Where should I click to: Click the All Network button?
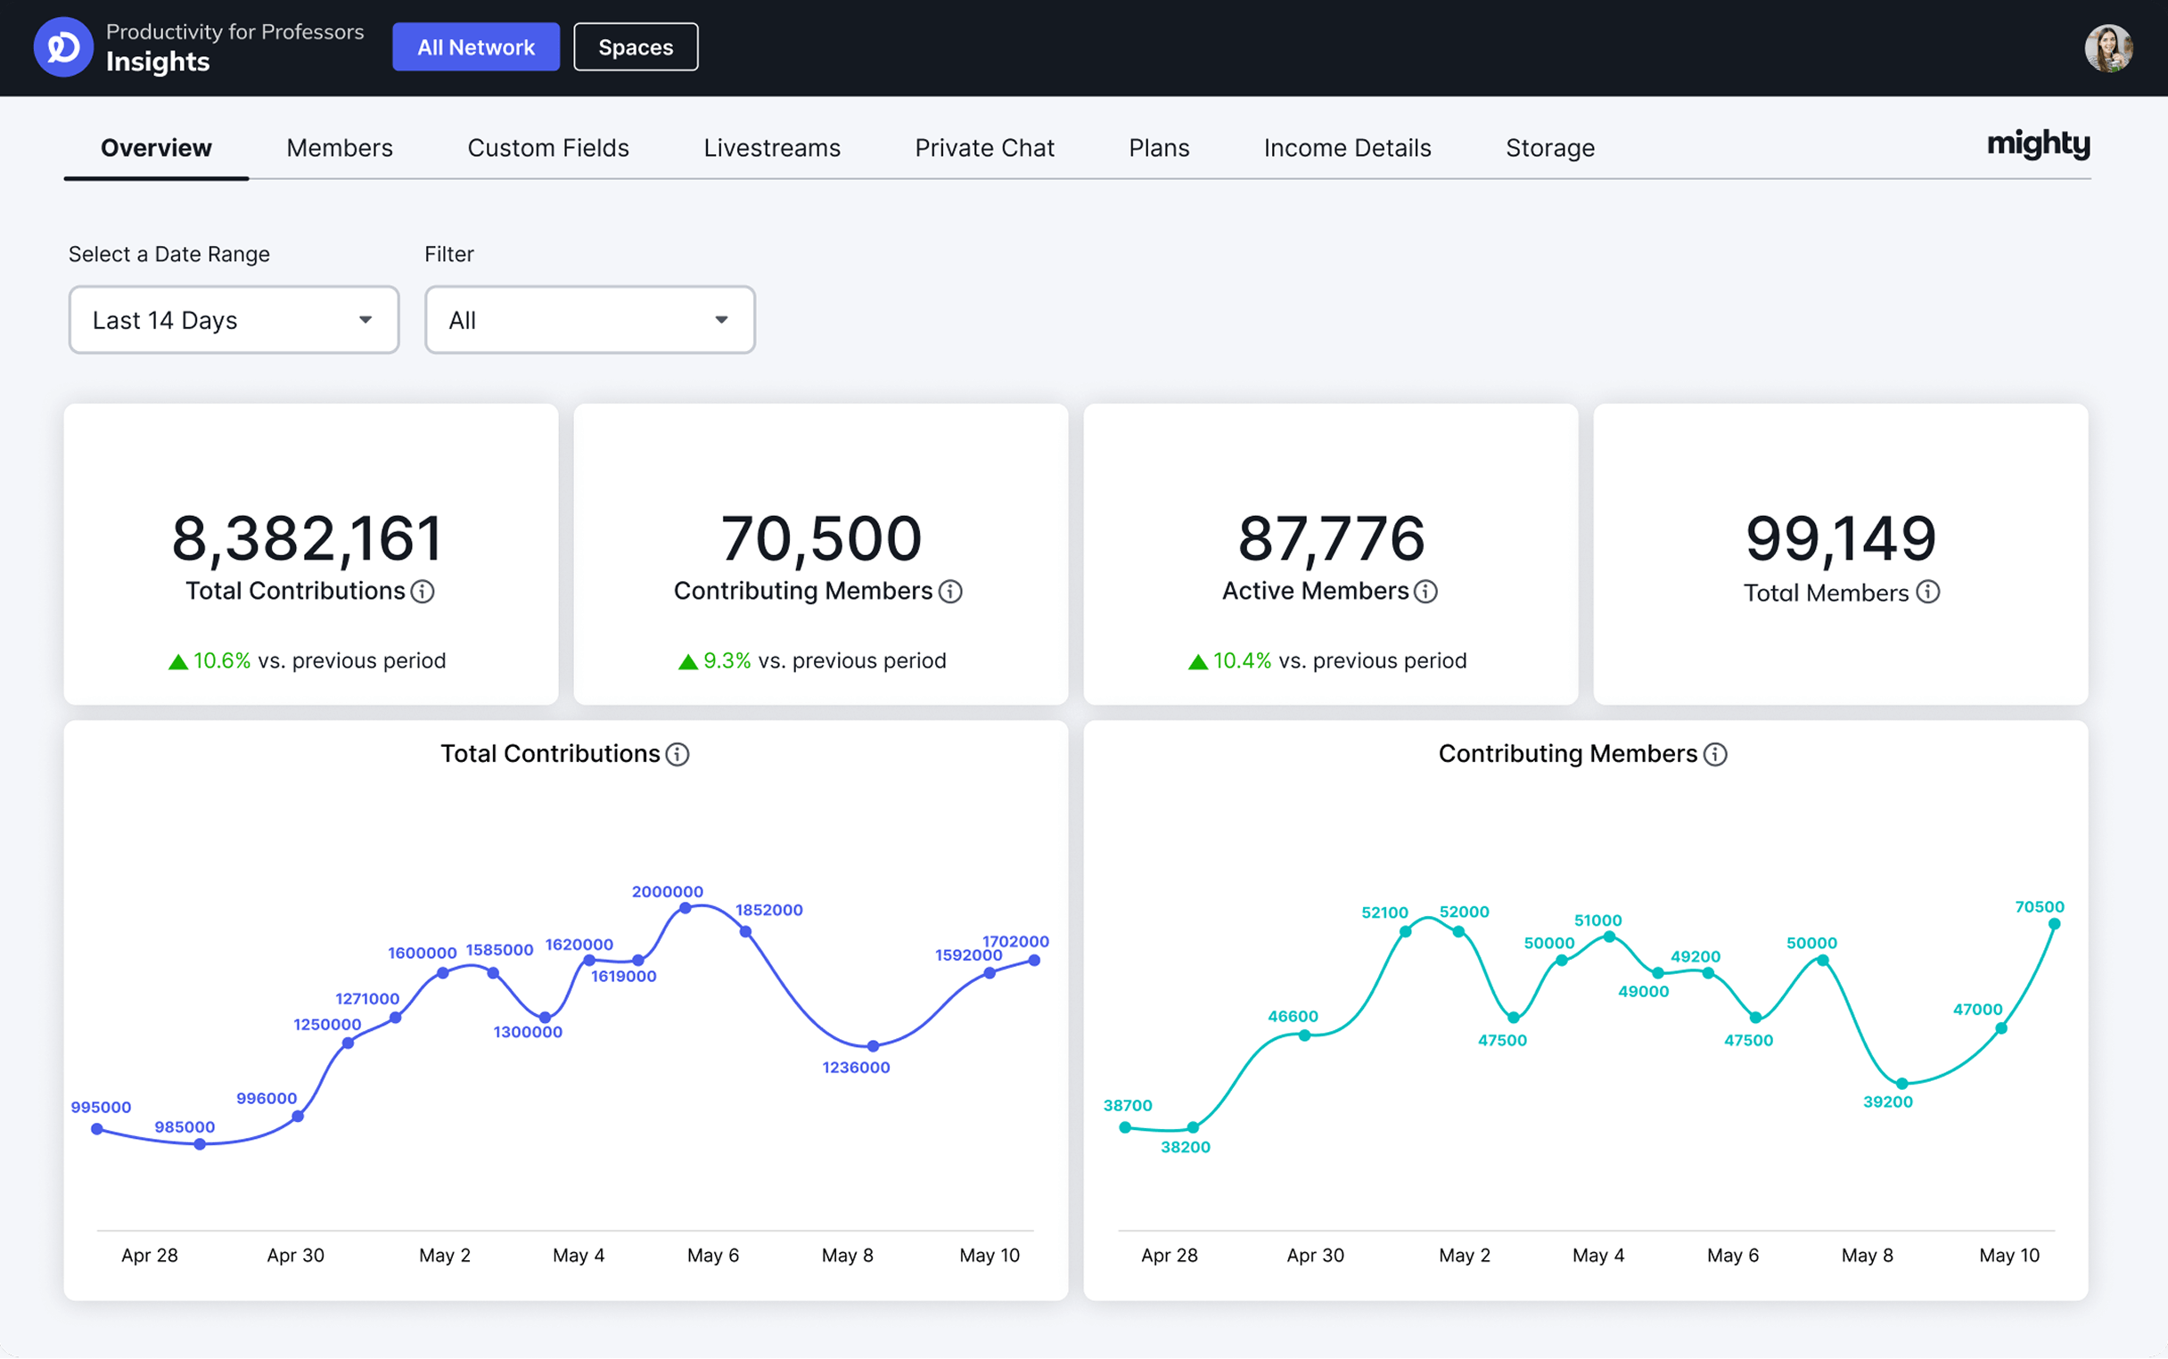coord(475,46)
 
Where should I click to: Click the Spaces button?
coord(636,46)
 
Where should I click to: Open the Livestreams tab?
coord(771,147)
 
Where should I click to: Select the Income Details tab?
coord(1346,147)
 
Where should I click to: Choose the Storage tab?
coord(1549,147)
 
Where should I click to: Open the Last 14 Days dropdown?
coord(234,320)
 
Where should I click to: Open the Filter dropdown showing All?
coord(589,320)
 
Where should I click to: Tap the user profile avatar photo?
coord(2107,47)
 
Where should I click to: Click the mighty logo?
coord(2038,143)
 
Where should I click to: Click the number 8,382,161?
coord(308,538)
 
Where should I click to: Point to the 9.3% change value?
coord(727,660)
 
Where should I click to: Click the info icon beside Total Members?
coord(1927,592)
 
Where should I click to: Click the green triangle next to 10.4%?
coord(1197,662)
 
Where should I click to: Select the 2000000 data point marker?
coord(685,908)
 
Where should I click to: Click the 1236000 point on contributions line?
coord(873,1045)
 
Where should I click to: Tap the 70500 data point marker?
coord(2054,924)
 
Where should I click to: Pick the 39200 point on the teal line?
coord(1902,1083)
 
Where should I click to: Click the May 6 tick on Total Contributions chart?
coord(713,1255)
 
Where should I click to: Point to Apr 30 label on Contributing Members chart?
coord(1315,1255)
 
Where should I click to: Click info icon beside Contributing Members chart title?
coord(1715,754)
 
